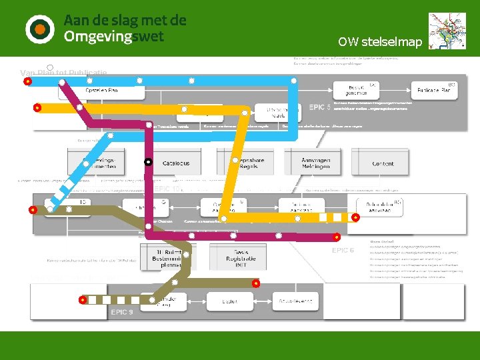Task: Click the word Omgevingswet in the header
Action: pyautogui.click(x=113, y=37)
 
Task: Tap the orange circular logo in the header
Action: pyautogui.click(x=39, y=29)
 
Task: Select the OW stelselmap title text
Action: pyautogui.click(x=380, y=42)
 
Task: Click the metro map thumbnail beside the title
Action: pyautogui.click(x=447, y=31)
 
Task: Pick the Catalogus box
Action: pyautogui.click(x=176, y=163)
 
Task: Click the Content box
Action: pyautogui.click(x=383, y=163)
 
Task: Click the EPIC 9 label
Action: pyautogui.click(x=122, y=312)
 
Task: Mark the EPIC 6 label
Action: pyautogui.click(x=343, y=250)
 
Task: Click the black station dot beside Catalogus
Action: pyautogui.click(x=149, y=162)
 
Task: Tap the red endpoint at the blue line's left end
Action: pyautogui.click(x=27, y=82)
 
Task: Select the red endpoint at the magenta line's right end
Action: pyautogui.click(x=337, y=235)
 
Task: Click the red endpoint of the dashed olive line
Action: pyautogui.click(x=83, y=300)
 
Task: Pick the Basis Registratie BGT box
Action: pyautogui.click(x=241, y=257)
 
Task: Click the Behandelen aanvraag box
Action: pyautogui.click(x=379, y=207)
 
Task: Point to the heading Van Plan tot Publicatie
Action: pyautogui.click(x=63, y=72)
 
